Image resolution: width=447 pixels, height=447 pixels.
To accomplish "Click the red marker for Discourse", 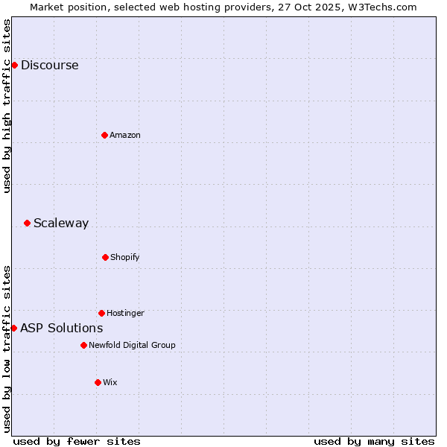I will pyautogui.click(x=14, y=65).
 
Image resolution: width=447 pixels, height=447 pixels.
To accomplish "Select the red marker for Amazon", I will pyautogui.click(x=104, y=135).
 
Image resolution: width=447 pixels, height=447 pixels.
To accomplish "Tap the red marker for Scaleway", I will pyautogui.click(x=27, y=223).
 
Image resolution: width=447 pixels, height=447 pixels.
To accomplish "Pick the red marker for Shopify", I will pyautogui.click(x=105, y=257).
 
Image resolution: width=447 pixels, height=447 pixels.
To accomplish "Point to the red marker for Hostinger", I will pyautogui.click(x=101, y=313).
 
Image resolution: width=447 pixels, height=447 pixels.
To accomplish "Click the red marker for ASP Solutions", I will pyautogui.click(x=13, y=328).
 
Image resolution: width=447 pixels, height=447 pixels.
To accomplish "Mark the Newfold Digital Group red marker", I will pyautogui.click(x=83, y=345).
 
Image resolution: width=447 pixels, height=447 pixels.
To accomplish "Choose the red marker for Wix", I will pyautogui.click(x=98, y=382).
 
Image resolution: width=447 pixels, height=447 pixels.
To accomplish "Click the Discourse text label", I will pyautogui.click(x=49, y=65).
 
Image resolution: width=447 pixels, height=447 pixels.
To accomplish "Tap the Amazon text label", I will pyautogui.click(x=125, y=135).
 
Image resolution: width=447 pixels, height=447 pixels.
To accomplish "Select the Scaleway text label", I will pyautogui.click(x=61, y=223).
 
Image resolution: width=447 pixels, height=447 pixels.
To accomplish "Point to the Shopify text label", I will pyautogui.click(x=125, y=257).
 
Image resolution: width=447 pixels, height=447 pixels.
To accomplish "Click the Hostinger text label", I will pyautogui.click(x=125, y=313).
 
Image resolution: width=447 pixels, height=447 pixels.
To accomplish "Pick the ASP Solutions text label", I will pyautogui.click(x=61, y=328).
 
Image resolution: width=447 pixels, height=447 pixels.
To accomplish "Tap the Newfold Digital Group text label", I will pyautogui.click(x=132, y=345).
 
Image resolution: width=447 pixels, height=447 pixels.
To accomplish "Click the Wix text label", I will pyautogui.click(x=110, y=382).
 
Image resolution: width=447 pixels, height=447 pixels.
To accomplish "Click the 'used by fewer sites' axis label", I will pyautogui.click(x=77, y=441).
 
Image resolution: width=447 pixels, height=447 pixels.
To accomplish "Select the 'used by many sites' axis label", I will pyautogui.click(x=374, y=441).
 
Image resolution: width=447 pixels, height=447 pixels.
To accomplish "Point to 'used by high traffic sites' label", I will pyautogui.click(x=7, y=106).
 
